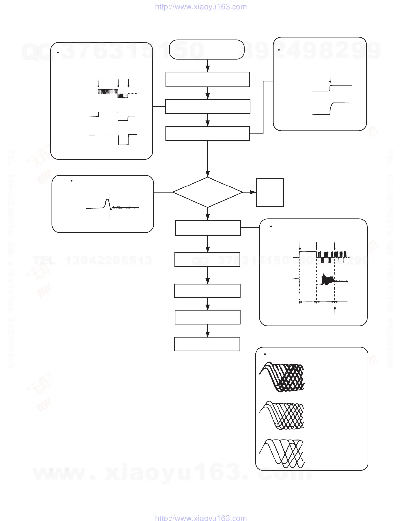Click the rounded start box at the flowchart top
coord(207,50)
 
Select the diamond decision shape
coord(208,192)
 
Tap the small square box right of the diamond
coord(270,192)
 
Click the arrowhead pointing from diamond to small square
coord(253,192)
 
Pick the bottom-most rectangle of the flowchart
coord(207,344)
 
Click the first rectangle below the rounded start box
coord(207,79)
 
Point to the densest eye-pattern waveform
coord(282,377)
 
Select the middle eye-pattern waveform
coord(282,415)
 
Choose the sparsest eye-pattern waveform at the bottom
coord(282,453)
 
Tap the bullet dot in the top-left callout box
coord(58,52)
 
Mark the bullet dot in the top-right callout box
coord(279,50)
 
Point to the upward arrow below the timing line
coord(335,310)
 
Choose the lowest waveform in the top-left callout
coord(113,138)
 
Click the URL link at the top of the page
coord(201,7)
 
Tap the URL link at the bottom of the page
coord(201,518)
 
